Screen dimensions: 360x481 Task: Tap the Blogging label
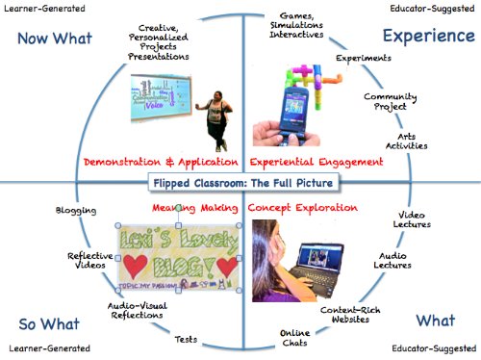[x=77, y=210]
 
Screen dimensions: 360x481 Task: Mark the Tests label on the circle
[x=187, y=340]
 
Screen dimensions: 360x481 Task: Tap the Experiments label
[x=364, y=59]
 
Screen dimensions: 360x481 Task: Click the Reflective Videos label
[x=91, y=263]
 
